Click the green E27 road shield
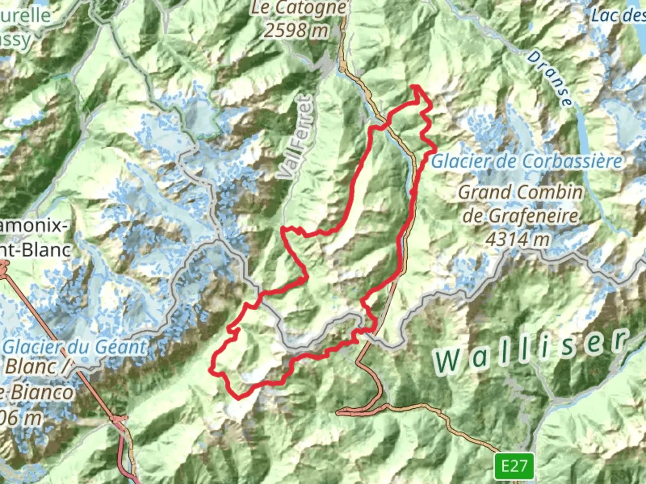pyautogui.click(x=514, y=466)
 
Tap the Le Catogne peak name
pyautogui.click(x=298, y=8)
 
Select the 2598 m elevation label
pyautogui.click(x=296, y=30)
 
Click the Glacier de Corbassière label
pyautogui.click(x=527, y=162)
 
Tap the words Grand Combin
pyautogui.click(x=520, y=193)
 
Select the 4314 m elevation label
pyautogui.click(x=518, y=239)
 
